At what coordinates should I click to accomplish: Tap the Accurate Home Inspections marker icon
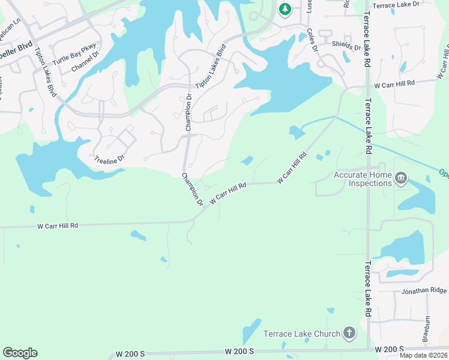(x=402, y=178)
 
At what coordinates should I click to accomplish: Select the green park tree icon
(x=285, y=9)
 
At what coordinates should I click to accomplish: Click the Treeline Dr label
(x=109, y=159)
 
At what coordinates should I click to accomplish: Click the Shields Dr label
(x=346, y=46)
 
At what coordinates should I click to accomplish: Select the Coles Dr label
(x=312, y=40)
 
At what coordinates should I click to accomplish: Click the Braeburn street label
(x=427, y=329)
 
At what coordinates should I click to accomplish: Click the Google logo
(x=20, y=353)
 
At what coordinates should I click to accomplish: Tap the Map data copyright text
(x=424, y=355)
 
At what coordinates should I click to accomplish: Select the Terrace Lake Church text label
(x=302, y=333)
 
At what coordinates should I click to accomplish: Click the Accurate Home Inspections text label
(x=363, y=179)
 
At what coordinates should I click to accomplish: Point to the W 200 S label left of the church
(x=240, y=350)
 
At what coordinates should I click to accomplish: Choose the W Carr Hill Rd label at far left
(x=58, y=226)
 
